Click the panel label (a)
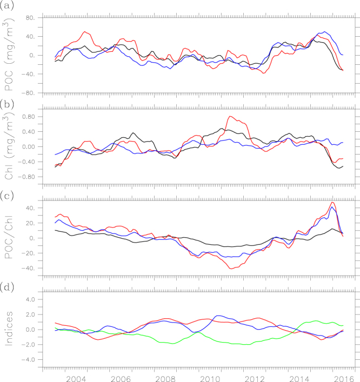click(8, 7)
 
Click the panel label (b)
click(8, 100)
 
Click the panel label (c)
click(8, 193)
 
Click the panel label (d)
click(8, 286)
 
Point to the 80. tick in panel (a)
click(30, 18)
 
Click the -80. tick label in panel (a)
click(28, 93)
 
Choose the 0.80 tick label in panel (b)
click(27, 117)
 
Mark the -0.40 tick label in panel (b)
click(26, 162)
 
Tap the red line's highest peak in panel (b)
click(231, 116)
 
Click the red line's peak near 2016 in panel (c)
click(332, 202)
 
